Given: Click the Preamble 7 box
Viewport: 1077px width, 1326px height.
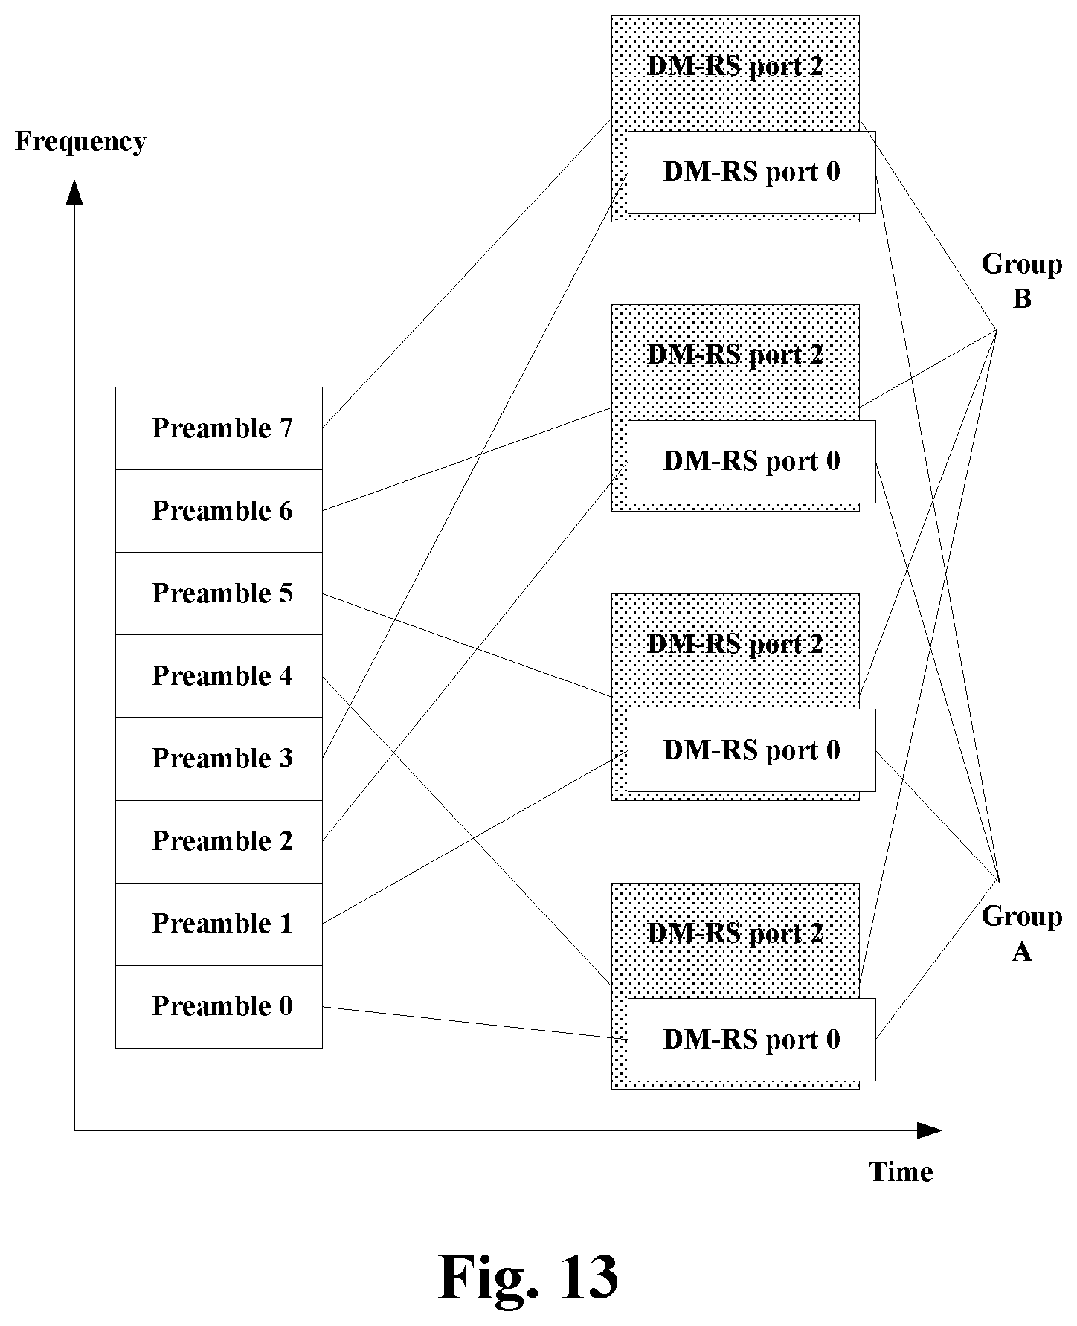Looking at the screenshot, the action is [219, 428].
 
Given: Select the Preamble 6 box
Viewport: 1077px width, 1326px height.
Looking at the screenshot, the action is [219, 511].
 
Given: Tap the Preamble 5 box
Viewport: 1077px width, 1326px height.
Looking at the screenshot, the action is [219, 593].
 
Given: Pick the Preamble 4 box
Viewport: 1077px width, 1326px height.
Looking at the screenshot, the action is [219, 676].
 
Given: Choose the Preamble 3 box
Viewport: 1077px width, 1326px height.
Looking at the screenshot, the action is [219, 759].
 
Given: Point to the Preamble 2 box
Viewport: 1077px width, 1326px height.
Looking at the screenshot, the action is [219, 842].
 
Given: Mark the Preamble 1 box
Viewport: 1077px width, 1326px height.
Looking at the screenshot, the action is [219, 924].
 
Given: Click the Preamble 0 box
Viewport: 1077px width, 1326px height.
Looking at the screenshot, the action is [219, 1007].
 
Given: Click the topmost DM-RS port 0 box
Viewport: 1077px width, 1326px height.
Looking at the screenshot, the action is [751, 173].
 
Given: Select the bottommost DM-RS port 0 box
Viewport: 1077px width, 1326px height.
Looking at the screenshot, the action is [751, 1040].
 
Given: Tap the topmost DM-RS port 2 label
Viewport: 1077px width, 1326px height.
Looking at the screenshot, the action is [736, 67].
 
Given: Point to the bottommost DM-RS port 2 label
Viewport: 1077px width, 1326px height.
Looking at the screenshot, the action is [736, 933].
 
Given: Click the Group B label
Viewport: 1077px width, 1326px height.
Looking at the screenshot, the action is [1022, 281].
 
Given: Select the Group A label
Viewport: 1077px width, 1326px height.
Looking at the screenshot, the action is [1022, 933].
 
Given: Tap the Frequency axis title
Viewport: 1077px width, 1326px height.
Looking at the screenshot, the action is [80, 141].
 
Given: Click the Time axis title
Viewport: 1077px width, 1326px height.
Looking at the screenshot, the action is [901, 1172].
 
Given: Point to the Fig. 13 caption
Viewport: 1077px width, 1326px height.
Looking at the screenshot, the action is [529, 1276].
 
